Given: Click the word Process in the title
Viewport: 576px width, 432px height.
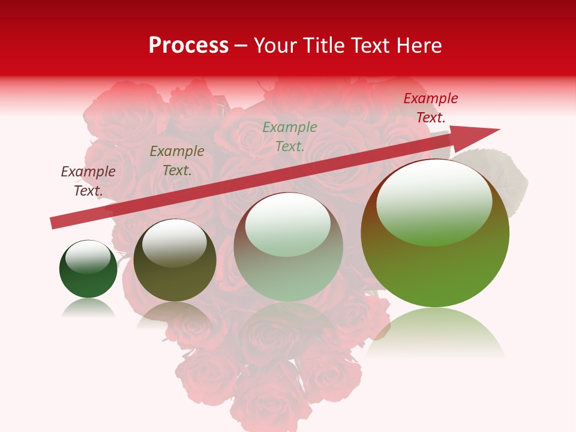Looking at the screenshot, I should coord(188,46).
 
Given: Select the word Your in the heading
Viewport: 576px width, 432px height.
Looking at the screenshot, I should coord(275,46).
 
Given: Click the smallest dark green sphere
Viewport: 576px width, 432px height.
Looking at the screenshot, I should coord(88,269).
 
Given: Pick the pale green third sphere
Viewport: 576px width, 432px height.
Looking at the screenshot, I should coord(289,247).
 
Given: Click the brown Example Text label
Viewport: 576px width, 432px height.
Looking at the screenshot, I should coord(88,181).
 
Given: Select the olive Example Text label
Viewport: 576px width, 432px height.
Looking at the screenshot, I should coord(176,161).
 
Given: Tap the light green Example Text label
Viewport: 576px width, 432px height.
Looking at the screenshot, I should coord(289,137).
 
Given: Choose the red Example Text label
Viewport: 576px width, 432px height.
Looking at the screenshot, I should coord(430,108).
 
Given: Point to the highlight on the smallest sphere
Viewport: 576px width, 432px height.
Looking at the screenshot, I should coord(88,257).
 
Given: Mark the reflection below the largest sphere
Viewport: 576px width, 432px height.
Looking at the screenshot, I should coord(435,333).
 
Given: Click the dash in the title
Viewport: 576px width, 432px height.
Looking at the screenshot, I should coord(241,46).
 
